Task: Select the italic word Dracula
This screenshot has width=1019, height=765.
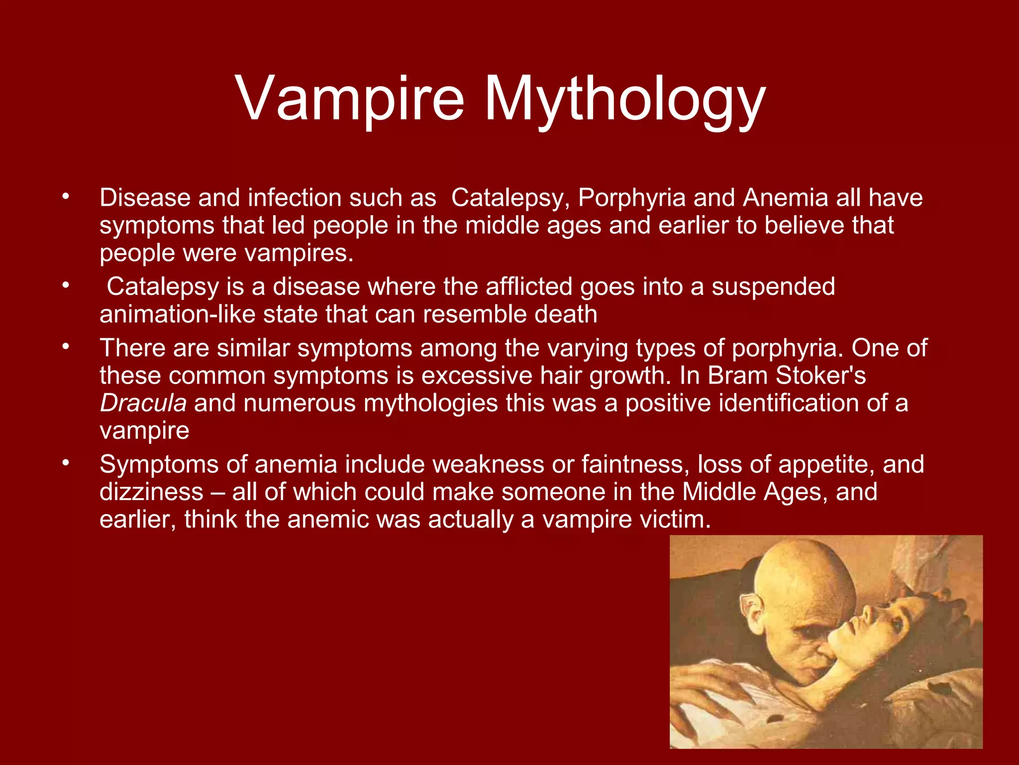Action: pos(143,403)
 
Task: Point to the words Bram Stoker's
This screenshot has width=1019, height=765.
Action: pos(786,376)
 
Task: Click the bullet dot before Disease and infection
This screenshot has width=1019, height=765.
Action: pos(65,196)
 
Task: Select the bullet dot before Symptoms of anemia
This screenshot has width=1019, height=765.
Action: pos(65,463)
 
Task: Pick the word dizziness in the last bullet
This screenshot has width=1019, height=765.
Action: pos(151,492)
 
